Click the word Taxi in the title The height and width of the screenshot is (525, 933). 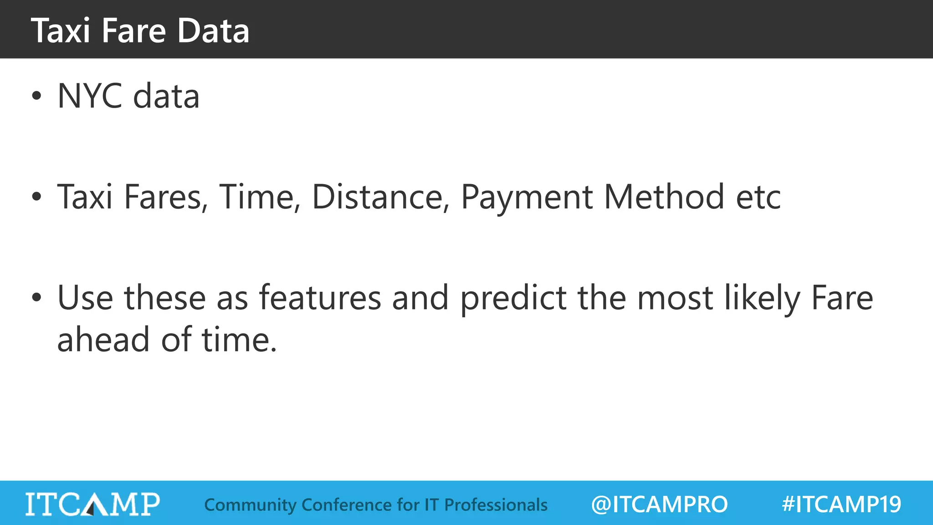61,31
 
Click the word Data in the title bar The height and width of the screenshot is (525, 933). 213,31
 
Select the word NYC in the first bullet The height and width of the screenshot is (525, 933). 90,96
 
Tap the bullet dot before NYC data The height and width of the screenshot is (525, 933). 36,96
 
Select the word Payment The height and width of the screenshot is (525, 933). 526,197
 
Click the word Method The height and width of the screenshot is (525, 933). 664,197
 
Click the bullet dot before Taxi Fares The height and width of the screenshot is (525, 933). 36,197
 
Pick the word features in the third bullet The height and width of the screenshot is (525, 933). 320,298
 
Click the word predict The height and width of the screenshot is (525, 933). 513,299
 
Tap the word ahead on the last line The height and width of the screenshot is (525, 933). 103,340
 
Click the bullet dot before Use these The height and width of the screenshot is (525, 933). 36,298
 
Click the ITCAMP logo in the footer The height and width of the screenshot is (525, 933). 92,504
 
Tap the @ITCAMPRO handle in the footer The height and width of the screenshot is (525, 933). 659,504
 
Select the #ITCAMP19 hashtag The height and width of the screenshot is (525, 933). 841,504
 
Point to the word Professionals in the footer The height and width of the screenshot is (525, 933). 496,505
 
